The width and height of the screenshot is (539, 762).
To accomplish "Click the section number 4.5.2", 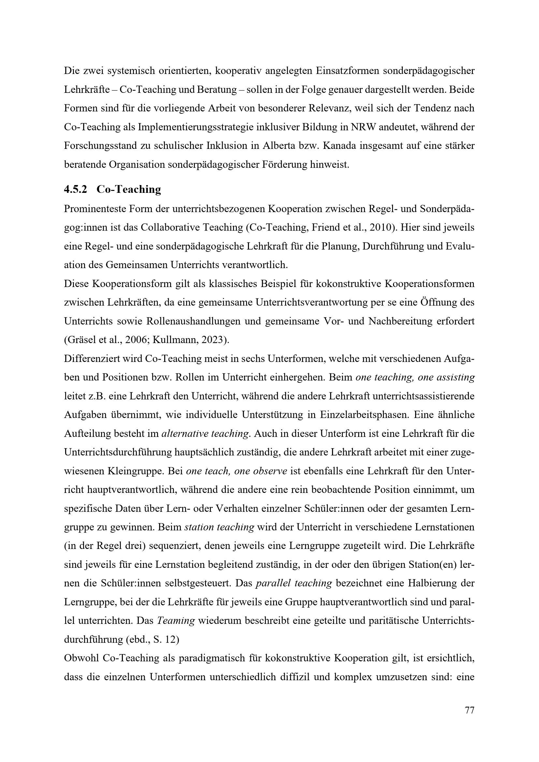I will (x=75, y=190).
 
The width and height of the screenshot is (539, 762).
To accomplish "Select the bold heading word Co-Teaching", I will (x=129, y=190).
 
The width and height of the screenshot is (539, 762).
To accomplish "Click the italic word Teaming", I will (x=176, y=621).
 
